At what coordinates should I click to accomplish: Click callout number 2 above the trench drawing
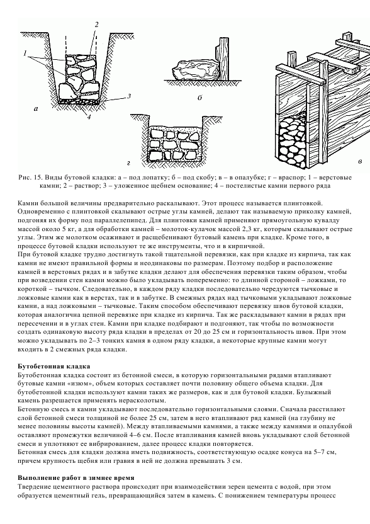(96, 25)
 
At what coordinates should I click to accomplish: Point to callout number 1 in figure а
(25, 53)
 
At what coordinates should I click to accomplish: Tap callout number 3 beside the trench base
(129, 96)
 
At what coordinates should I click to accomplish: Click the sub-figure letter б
(200, 98)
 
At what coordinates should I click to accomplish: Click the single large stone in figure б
(195, 69)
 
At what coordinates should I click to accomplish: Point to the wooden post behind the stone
(223, 58)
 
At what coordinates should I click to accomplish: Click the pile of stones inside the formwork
(293, 142)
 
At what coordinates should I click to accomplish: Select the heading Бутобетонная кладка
(53, 367)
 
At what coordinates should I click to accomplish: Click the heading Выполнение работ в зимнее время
(76, 478)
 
